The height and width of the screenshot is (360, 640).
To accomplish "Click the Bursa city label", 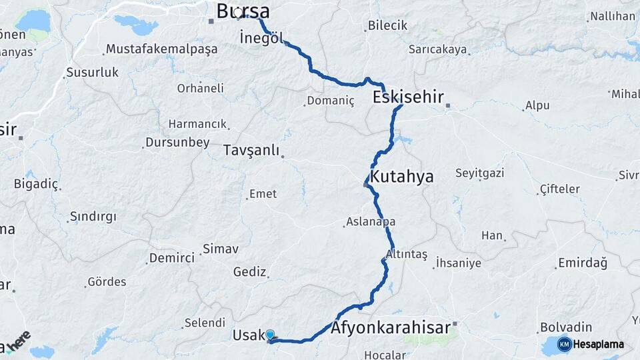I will [x=243, y=11].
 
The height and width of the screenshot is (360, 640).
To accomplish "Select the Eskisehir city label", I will [x=408, y=97].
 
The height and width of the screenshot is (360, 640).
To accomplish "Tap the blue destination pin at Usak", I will [x=269, y=335].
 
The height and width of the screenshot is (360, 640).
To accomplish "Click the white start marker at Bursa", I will [x=238, y=13].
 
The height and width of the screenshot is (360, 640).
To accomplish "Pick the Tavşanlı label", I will [x=251, y=150].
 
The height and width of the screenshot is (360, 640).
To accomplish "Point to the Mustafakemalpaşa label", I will [x=162, y=49].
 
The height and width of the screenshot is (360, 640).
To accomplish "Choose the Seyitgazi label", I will [x=480, y=173].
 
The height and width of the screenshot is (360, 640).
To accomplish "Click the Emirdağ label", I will [x=583, y=263].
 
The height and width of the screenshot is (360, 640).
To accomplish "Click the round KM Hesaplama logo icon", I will [x=565, y=345].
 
